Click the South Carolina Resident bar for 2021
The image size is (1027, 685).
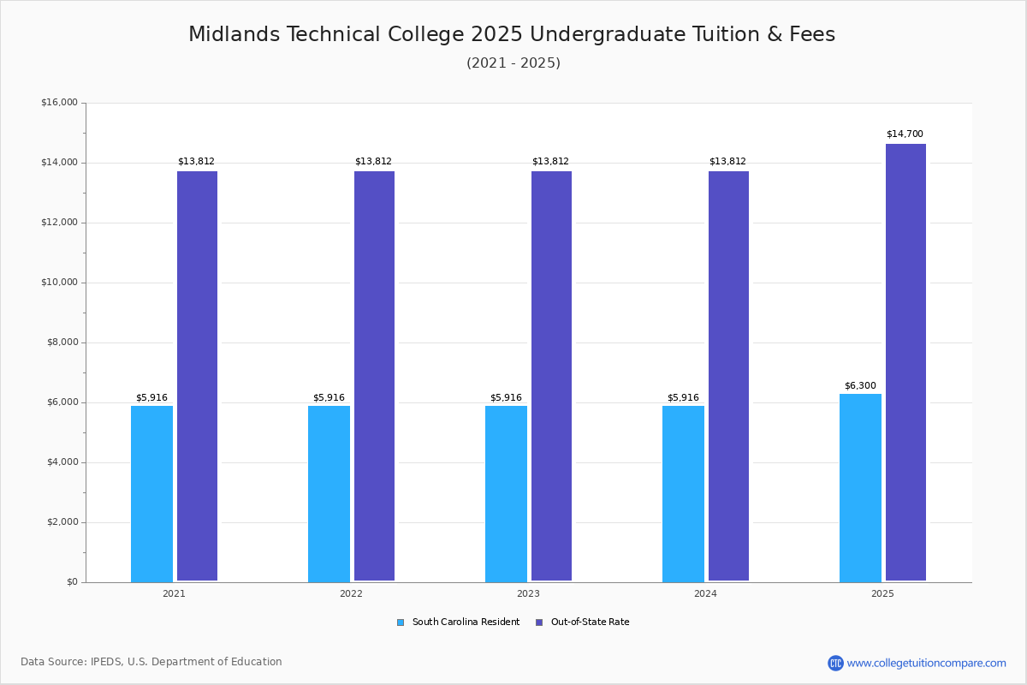tap(151, 494)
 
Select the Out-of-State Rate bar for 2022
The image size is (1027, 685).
tap(374, 376)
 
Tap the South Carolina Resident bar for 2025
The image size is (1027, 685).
tap(860, 488)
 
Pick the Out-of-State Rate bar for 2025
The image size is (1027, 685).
tap(905, 362)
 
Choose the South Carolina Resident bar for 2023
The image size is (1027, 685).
tap(506, 494)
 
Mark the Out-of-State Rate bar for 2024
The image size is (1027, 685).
tap(728, 376)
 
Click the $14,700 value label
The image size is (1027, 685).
tap(905, 134)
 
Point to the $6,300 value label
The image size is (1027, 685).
tap(860, 386)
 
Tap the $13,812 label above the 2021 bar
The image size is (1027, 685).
tap(196, 162)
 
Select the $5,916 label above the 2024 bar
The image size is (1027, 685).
tap(683, 398)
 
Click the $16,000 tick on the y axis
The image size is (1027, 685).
tap(59, 103)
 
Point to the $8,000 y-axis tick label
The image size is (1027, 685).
tap(62, 342)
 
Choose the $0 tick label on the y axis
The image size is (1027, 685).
tap(71, 582)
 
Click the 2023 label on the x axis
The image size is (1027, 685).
tap(528, 593)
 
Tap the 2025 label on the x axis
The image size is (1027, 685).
tap(882, 593)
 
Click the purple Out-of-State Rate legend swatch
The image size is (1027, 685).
tap(539, 622)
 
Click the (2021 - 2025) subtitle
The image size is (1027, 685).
tap(513, 63)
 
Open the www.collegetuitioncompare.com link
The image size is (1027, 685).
tap(926, 663)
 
